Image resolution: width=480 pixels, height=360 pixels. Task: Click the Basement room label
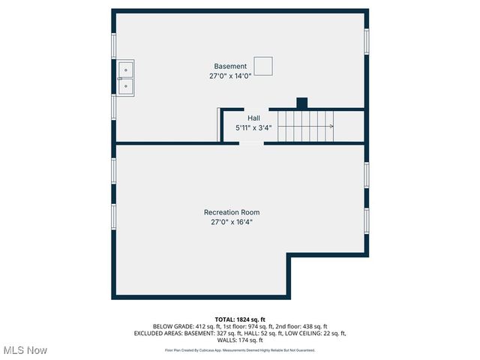(229, 67)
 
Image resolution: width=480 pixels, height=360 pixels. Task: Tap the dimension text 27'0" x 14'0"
(229, 76)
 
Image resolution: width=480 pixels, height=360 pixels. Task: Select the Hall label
(253, 118)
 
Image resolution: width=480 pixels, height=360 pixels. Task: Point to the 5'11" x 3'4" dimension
(253, 127)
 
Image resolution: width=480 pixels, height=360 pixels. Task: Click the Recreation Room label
(232, 212)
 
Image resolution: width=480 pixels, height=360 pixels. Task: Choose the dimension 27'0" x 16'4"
(232, 222)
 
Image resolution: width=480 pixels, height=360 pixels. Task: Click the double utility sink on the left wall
(125, 78)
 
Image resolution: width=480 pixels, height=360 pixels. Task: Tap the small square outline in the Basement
(263, 66)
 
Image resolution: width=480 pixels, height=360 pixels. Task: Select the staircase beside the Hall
(304, 125)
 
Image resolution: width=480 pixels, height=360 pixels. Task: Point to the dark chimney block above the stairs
(302, 103)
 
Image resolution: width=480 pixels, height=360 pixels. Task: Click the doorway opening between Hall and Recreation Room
(251, 142)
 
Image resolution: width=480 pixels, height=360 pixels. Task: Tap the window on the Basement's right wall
(366, 41)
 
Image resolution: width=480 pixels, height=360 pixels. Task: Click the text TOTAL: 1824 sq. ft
(240, 319)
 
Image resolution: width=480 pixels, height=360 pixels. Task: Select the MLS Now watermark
(25, 350)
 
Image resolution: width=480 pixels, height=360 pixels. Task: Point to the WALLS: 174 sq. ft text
(240, 340)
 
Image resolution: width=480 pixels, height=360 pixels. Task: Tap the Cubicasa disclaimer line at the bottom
(240, 350)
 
